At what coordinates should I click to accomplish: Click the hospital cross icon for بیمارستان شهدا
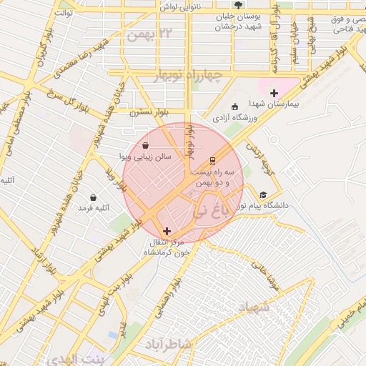pyautogui.click(x=274, y=93)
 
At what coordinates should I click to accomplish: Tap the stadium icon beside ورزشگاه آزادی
pyautogui.click(x=236, y=106)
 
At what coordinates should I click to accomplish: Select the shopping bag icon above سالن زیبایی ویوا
pyautogui.click(x=146, y=145)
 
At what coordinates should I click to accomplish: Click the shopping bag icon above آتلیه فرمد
pyautogui.click(x=94, y=197)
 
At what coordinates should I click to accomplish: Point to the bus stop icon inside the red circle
pyautogui.click(x=212, y=161)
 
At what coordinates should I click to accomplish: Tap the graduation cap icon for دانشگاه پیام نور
pyautogui.click(x=263, y=194)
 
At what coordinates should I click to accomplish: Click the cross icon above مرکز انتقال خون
pyautogui.click(x=167, y=231)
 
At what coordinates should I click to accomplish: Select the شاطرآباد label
pyautogui.click(x=168, y=345)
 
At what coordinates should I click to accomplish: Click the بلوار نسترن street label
pyautogui.click(x=149, y=113)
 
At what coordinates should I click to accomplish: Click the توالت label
pyautogui.click(x=64, y=13)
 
